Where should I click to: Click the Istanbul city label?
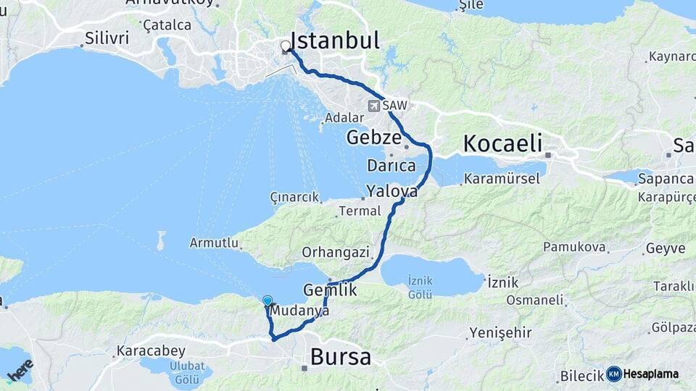pyautogui.click(x=334, y=41)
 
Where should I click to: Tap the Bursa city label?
pyautogui.click(x=341, y=356)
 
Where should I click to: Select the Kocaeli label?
pyautogui.click(x=502, y=143)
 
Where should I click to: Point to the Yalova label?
pyautogui.click(x=392, y=192)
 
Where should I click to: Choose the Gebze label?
pyautogui.click(x=373, y=137)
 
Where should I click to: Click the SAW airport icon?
pyautogui.click(x=374, y=106)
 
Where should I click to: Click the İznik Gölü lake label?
pyautogui.click(x=420, y=287)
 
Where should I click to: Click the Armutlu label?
pyautogui.click(x=215, y=243)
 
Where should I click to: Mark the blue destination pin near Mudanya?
pyautogui.click(x=268, y=301)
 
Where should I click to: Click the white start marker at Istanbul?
pyautogui.click(x=285, y=46)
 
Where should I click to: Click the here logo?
pyautogui.click(x=22, y=371)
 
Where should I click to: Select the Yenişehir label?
pyautogui.click(x=500, y=332)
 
